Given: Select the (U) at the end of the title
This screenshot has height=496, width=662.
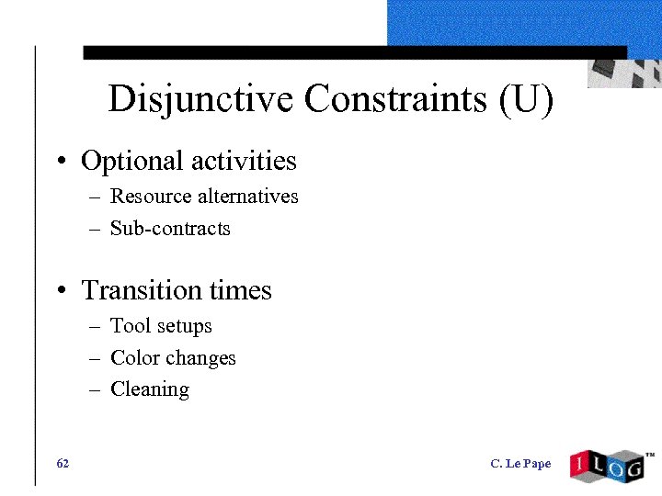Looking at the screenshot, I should pyautogui.click(x=527, y=99).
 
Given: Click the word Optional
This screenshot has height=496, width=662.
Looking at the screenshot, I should pyautogui.click(x=132, y=162).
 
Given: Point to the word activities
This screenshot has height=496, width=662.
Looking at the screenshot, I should pyautogui.click(x=244, y=161).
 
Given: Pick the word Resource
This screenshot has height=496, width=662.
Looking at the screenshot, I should pyautogui.click(x=151, y=197).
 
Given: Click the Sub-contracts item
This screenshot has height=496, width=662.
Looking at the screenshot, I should pyautogui.click(x=170, y=229).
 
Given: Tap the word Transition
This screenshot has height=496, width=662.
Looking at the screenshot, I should pyautogui.click(x=141, y=290).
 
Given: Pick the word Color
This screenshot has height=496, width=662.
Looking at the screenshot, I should pyautogui.click(x=132, y=358).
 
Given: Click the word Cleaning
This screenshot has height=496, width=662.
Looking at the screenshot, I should pyautogui.click(x=150, y=389).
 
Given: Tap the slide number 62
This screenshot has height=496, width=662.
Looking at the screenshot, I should pyautogui.click(x=63, y=464).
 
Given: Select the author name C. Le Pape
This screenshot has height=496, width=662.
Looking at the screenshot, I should pyautogui.click(x=520, y=464).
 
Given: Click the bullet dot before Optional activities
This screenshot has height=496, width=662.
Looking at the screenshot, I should pyautogui.click(x=59, y=163).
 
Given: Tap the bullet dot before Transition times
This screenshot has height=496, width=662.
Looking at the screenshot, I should pyautogui.click(x=59, y=293).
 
